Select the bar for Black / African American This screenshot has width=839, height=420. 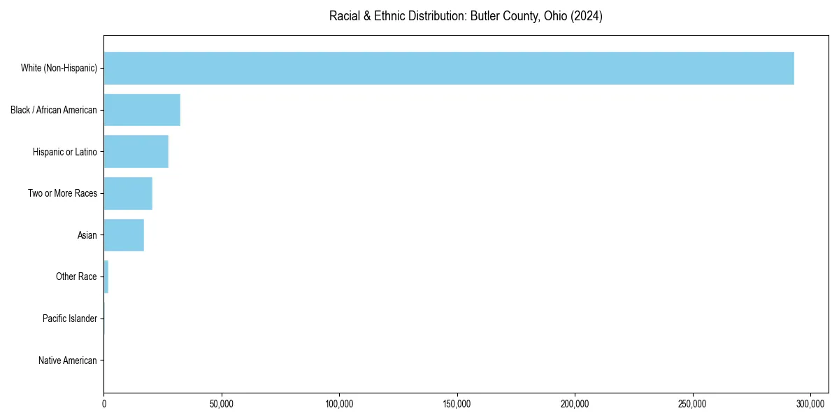point(142,110)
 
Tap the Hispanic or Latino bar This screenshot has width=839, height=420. point(136,152)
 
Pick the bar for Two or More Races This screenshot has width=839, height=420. point(128,193)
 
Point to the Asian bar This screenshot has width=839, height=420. point(124,235)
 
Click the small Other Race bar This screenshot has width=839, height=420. point(106,277)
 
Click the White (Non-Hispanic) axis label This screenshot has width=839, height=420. point(59,68)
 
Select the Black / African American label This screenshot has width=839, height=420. point(54,110)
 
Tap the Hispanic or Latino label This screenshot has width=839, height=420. point(65,152)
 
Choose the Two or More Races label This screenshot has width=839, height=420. point(62,193)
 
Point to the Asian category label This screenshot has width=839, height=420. point(87,235)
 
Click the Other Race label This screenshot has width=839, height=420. point(76,277)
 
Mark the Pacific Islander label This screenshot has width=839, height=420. point(70,318)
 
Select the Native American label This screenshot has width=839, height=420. point(68,360)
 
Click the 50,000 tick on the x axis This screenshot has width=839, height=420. point(222,404)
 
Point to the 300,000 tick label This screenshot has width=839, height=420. point(810,404)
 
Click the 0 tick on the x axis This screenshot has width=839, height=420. point(104,404)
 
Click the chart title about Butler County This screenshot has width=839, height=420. point(466,16)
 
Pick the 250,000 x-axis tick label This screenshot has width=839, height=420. point(693,404)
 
